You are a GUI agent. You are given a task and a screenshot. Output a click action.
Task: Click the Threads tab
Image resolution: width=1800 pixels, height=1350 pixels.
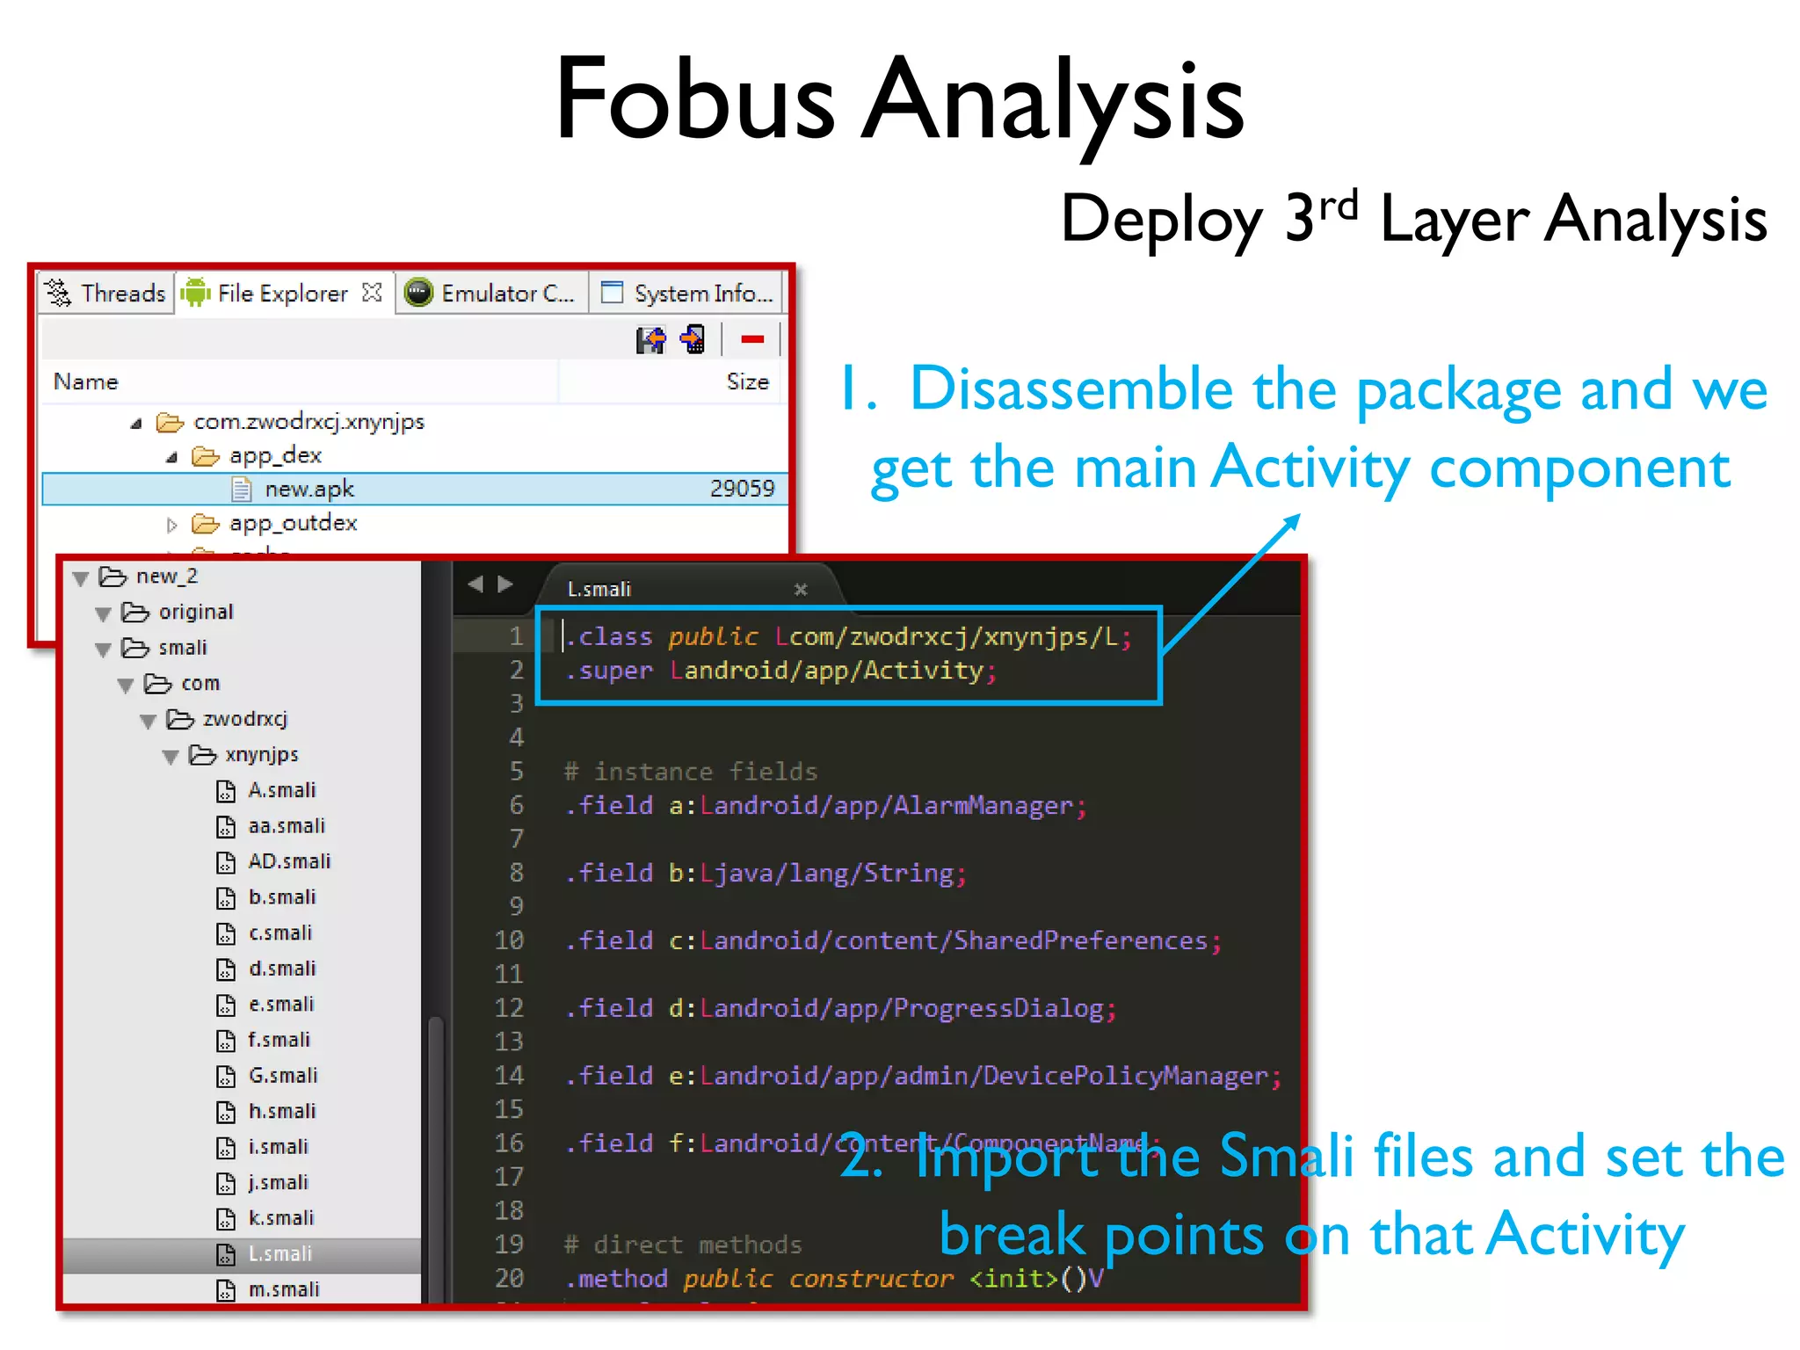coord(107,293)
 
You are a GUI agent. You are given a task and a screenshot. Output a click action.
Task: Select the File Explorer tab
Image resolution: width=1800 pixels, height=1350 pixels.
coord(281,293)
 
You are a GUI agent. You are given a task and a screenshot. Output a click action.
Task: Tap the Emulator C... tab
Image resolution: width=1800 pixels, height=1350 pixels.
coord(491,293)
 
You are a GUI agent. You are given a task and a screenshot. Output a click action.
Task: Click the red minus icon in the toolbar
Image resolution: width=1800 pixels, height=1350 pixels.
coord(752,339)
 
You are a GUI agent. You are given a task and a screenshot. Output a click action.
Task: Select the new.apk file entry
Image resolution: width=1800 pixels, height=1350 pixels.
coord(308,489)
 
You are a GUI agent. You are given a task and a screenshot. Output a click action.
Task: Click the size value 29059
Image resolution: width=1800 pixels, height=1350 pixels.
coord(742,489)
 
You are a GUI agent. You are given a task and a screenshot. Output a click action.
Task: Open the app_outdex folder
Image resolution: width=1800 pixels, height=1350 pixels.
coord(293,523)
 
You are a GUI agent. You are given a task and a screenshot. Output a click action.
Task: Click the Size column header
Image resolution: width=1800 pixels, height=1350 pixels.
coord(747,381)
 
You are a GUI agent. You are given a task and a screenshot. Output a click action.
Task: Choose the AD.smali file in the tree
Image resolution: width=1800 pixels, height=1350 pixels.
coord(288,861)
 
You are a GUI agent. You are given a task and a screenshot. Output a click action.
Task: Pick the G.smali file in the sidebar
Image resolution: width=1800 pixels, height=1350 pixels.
coord(282,1075)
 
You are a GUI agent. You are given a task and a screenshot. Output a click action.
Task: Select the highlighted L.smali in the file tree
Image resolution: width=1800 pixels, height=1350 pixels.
coord(279,1253)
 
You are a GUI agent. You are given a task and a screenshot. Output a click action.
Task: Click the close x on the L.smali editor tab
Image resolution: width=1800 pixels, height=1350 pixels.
coord(801,590)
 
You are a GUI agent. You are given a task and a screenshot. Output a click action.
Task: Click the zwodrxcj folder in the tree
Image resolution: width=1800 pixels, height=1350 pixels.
coord(244,719)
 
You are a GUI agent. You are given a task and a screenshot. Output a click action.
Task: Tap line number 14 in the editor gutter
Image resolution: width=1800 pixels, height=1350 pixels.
coord(509,1075)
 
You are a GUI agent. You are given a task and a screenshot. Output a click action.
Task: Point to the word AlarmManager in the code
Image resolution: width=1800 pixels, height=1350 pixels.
coord(983,805)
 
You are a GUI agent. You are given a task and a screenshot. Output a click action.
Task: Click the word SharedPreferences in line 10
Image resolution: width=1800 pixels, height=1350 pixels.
coord(1080,940)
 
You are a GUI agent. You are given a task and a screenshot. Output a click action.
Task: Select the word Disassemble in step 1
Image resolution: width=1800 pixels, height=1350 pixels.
coord(1071,388)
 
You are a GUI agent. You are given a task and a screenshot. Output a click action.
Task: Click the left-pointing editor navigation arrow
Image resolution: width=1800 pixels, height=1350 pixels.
coord(475,584)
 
